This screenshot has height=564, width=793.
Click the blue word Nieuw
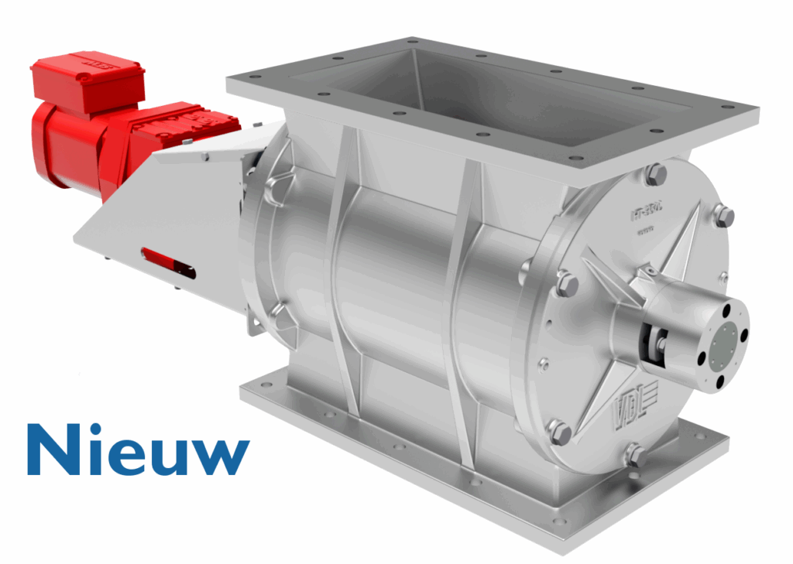139,449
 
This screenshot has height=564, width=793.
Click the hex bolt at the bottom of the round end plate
635,455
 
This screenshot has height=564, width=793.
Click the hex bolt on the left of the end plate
565,285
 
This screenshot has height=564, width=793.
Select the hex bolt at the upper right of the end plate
723,217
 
